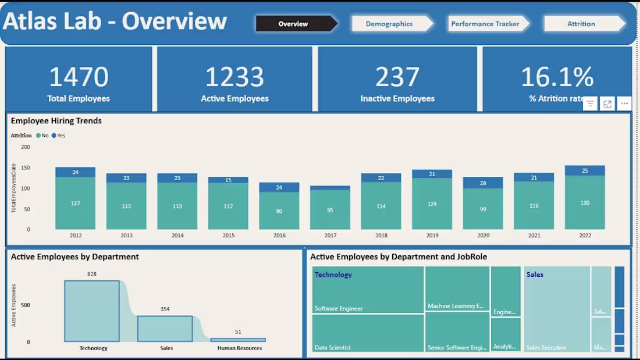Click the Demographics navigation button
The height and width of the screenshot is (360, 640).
click(x=389, y=24)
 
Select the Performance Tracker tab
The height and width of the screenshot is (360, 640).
click(x=485, y=24)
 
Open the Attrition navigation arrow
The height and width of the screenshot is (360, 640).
click(x=581, y=24)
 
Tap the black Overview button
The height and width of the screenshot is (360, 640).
click(x=293, y=24)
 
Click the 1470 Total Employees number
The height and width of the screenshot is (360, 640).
click(x=79, y=77)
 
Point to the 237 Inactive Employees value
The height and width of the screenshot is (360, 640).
click(x=397, y=77)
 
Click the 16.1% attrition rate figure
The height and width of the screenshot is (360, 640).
click(x=557, y=77)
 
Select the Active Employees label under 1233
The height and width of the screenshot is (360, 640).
click(x=234, y=99)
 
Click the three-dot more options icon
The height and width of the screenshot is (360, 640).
click(x=624, y=104)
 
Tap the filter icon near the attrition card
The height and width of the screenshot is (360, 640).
click(x=590, y=104)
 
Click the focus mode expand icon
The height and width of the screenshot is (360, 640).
click(x=607, y=104)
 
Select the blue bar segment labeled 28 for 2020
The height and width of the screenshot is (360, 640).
click(x=483, y=183)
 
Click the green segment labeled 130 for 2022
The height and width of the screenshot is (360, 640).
click(x=585, y=203)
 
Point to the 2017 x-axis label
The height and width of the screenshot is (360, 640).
click(x=330, y=236)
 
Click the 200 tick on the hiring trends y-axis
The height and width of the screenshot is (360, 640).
click(x=26, y=147)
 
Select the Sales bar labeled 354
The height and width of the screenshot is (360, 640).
click(x=165, y=329)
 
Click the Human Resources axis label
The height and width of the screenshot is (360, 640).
click(x=239, y=348)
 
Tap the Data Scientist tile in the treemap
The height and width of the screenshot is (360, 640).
click(x=368, y=333)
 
